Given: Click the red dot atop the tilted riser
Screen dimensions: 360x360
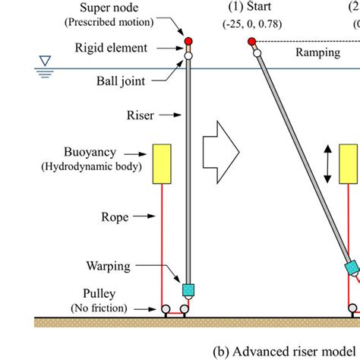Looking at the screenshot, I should (251, 41).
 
